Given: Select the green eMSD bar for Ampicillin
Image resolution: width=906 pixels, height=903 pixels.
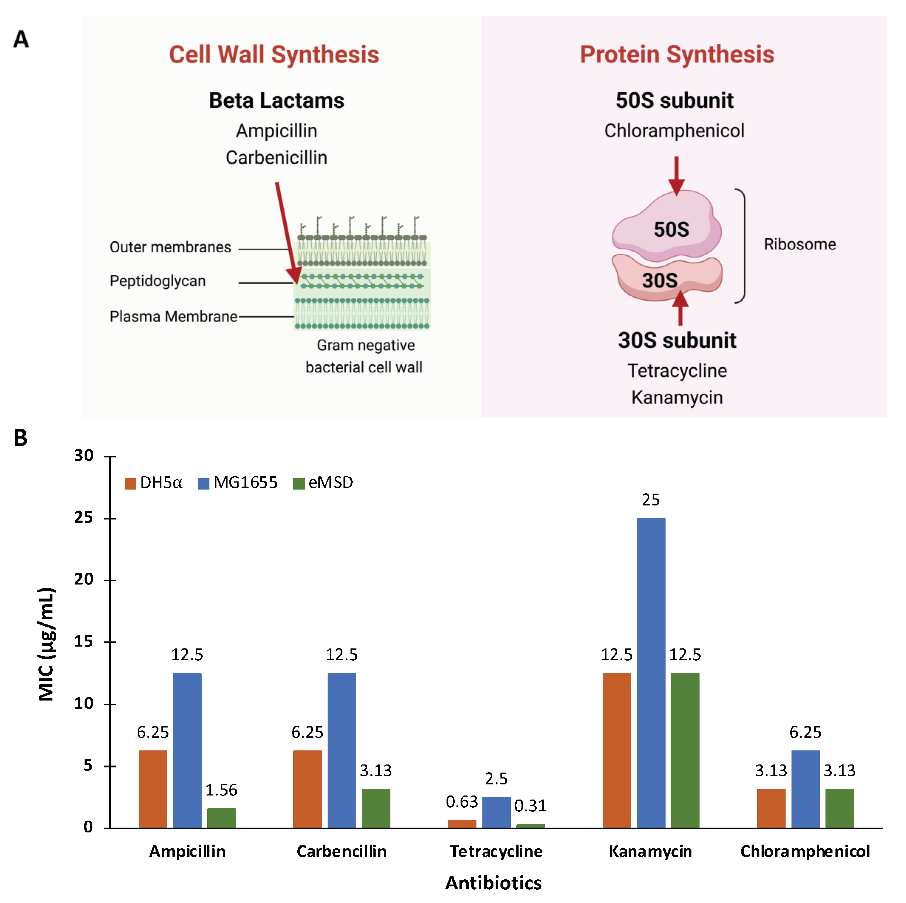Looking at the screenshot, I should click(x=221, y=818).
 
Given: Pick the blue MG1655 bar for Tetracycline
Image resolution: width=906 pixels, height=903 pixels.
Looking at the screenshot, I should click(x=496, y=812).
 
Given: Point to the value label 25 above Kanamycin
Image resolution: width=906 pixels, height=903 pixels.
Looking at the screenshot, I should click(x=650, y=500).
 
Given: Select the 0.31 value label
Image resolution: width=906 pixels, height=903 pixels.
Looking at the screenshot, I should click(x=530, y=806).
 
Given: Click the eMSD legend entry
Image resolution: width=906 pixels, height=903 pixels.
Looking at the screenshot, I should click(x=324, y=483).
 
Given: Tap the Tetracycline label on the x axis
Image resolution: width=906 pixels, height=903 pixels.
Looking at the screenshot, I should click(x=496, y=851).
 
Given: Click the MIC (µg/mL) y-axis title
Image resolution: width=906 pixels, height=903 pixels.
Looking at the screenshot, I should click(x=47, y=644).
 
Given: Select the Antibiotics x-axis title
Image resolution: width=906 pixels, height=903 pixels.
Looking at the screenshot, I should click(x=493, y=883).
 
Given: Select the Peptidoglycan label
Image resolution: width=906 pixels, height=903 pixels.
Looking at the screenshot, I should click(x=158, y=281).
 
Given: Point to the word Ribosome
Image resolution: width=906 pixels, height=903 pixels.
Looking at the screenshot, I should click(x=800, y=244).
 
